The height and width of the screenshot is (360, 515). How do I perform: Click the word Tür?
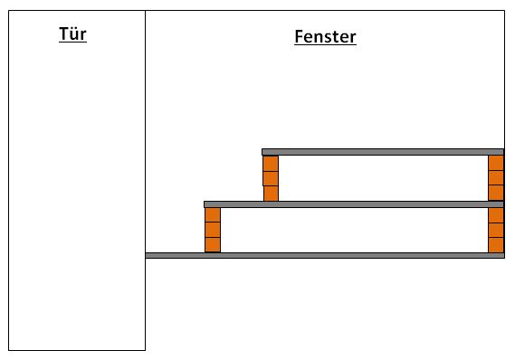(x=72, y=33)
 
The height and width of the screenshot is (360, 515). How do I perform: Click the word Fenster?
(x=325, y=36)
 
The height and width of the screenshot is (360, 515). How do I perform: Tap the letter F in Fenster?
(x=298, y=36)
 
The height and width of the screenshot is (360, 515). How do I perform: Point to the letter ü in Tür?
(x=74, y=33)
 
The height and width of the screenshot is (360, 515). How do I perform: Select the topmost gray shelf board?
(x=383, y=152)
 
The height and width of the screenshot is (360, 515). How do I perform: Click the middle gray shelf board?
(x=354, y=204)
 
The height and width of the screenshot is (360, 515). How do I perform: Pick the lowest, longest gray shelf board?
(x=325, y=255)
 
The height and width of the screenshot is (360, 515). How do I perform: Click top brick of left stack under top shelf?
(x=271, y=163)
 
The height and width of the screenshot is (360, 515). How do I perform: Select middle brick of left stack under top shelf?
(x=271, y=178)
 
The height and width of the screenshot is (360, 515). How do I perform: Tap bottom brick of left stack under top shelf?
(x=271, y=194)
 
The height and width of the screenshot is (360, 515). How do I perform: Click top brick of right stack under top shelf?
(x=496, y=163)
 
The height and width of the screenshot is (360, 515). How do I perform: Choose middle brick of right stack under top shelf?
(x=496, y=178)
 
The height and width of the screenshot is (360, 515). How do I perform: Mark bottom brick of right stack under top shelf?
(x=496, y=193)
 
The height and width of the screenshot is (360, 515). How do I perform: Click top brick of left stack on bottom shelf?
(x=213, y=215)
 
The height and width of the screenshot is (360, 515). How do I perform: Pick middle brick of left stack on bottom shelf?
(x=213, y=230)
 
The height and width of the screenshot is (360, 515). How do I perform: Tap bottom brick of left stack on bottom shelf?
(x=213, y=245)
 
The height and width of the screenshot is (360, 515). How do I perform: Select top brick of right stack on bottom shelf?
(x=496, y=215)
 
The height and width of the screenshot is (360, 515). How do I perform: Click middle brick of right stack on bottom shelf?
(x=496, y=231)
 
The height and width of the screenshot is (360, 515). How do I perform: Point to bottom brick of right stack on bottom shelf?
(x=496, y=245)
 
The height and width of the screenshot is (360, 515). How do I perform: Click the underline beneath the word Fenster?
(x=325, y=44)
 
